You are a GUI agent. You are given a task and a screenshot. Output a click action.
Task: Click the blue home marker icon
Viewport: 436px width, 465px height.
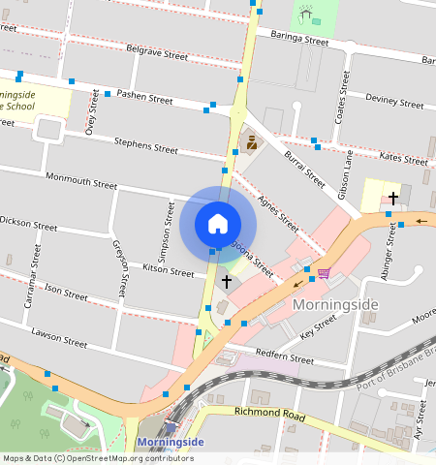[x=218, y=224]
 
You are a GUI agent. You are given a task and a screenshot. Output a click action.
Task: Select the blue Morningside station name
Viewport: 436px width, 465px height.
[x=171, y=443]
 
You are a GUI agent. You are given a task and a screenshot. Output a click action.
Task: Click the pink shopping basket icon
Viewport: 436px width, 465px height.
[x=324, y=273]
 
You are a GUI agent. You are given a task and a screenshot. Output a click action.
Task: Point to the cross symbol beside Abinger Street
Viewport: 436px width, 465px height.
[x=393, y=198]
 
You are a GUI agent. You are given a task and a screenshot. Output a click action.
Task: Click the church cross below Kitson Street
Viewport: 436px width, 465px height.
[x=227, y=281]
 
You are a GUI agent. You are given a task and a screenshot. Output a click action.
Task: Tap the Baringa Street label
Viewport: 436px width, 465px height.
[x=299, y=40]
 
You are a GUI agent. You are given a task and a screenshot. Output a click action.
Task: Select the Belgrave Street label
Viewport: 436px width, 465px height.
[x=158, y=53]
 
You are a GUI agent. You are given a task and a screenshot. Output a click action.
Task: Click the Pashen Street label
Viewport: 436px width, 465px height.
[x=144, y=98]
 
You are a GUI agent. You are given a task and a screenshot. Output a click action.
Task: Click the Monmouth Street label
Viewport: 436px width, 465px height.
[x=81, y=181]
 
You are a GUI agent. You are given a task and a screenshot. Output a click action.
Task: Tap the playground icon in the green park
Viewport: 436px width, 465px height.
[x=308, y=15]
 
